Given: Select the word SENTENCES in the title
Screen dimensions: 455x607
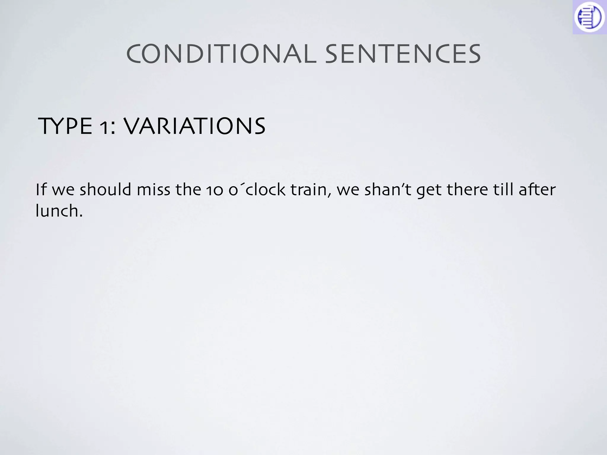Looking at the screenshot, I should pyautogui.click(x=403, y=54).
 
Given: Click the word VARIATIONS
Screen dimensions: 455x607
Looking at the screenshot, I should pyautogui.click(x=194, y=126).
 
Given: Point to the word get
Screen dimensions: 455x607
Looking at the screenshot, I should pyautogui.click(x=429, y=191).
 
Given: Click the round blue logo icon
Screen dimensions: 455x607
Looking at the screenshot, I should pyautogui.click(x=589, y=17).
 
